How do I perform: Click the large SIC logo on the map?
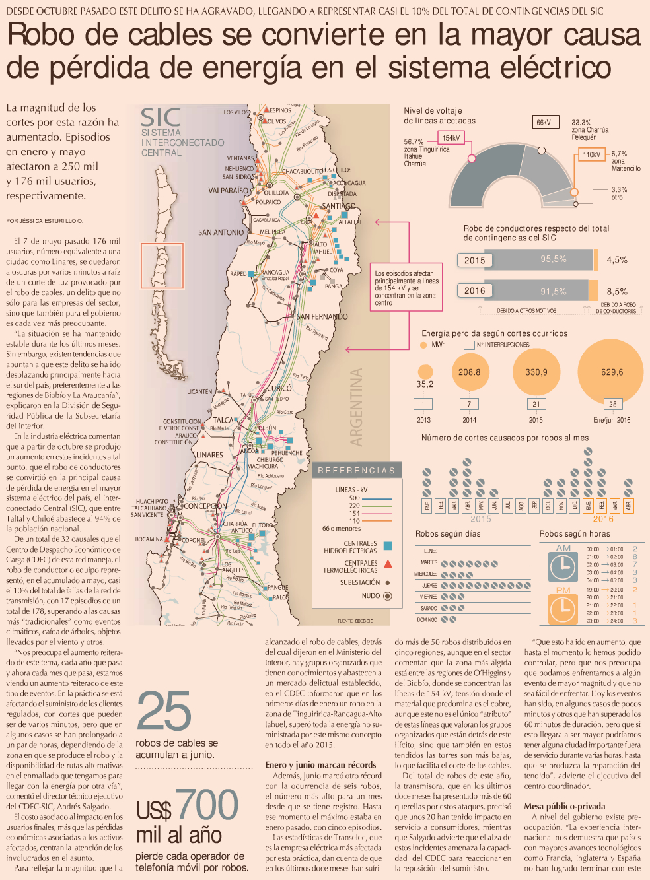(x=161, y=118)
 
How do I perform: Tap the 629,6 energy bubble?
(x=612, y=372)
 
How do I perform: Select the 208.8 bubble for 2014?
(x=469, y=372)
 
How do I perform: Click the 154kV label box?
(x=452, y=138)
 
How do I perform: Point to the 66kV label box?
(x=544, y=122)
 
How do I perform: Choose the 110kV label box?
(x=591, y=154)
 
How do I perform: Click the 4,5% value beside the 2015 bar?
(x=617, y=260)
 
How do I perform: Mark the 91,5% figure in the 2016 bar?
(x=554, y=291)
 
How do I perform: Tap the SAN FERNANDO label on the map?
(x=322, y=317)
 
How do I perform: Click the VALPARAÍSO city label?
(x=229, y=191)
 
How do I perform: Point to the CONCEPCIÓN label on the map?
(x=205, y=506)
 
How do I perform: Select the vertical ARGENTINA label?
(x=356, y=407)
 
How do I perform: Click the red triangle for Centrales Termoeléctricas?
(x=388, y=564)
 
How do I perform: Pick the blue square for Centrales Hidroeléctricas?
(x=388, y=545)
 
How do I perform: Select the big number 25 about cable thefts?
(x=164, y=712)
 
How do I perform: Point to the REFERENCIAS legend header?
(x=356, y=471)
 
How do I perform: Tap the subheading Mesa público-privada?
(x=564, y=806)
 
